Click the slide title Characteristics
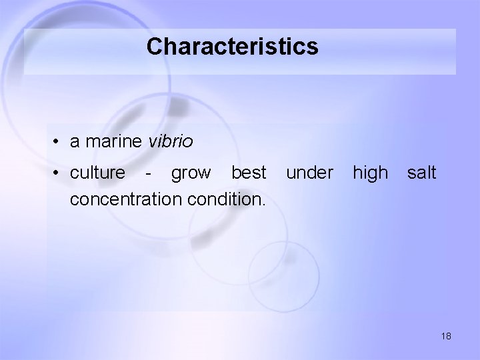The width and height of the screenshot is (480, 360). (x=233, y=47)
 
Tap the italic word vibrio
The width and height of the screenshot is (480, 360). (x=171, y=142)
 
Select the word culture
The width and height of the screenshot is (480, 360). (x=97, y=173)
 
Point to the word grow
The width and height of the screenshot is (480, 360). (x=190, y=173)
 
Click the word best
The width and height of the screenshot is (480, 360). (x=249, y=173)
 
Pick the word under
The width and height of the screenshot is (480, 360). (x=309, y=173)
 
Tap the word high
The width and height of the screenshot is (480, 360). (x=369, y=173)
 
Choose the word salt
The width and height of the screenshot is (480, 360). (x=421, y=173)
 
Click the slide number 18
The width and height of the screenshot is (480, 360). (x=446, y=337)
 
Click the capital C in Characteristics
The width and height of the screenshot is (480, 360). (x=155, y=47)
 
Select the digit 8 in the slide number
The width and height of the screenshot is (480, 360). (x=449, y=337)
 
